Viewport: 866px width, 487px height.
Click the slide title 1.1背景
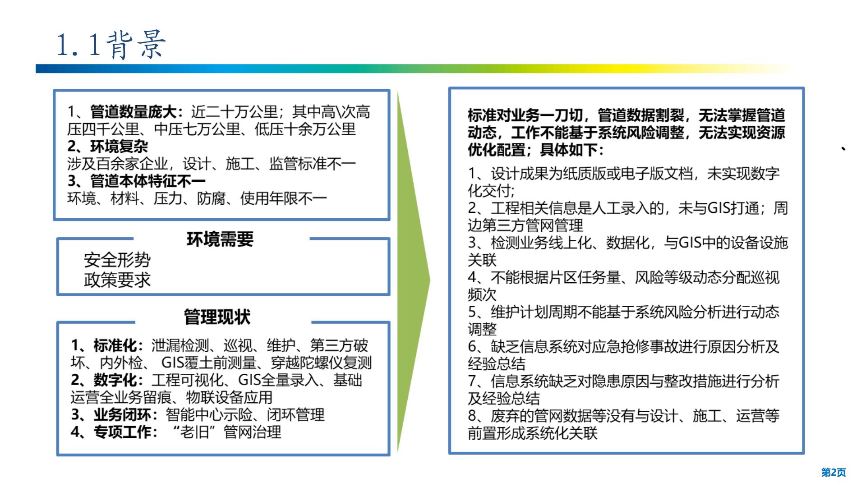tap(111, 45)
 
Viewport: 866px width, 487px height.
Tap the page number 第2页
tap(833, 472)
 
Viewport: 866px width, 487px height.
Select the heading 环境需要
tap(220, 239)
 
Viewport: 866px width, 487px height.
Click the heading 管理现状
tap(217, 317)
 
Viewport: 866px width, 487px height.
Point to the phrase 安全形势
tap(117, 260)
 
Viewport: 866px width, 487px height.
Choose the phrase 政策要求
tap(117, 280)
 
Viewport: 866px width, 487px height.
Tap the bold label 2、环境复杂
tap(108, 146)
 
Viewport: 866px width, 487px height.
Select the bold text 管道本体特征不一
tap(148, 181)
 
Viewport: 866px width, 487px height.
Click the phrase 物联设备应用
tap(229, 397)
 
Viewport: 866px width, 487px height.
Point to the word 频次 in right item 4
tap(482, 294)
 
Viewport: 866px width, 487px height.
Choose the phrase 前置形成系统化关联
tap(533, 433)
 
